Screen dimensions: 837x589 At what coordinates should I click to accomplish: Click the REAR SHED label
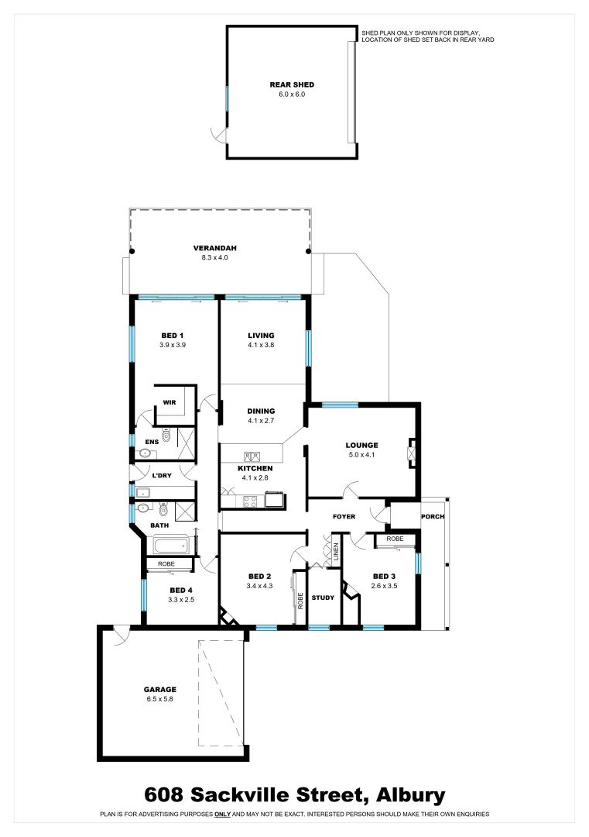pyautogui.click(x=292, y=84)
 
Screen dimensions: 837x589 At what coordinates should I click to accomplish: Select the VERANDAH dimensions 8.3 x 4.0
pyautogui.click(x=214, y=257)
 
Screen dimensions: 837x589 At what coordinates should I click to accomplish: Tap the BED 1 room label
pyautogui.click(x=172, y=336)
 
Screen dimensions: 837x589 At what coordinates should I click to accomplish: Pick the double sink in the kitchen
pyautogui.click(x=252, y=457)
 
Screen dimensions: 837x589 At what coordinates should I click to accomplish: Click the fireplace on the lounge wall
pyautogui.click(x=413, y=451)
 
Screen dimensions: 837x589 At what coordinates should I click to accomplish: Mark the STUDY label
pyautogui.click(x=323, y=598)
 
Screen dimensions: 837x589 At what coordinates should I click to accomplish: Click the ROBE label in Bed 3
pyautogui.click(x=395, y=538)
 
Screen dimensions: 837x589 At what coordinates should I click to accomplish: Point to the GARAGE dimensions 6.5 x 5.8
pyautogui.click(x=160, y=698)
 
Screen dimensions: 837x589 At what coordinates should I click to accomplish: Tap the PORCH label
pyautogui.click(x=431, y=517)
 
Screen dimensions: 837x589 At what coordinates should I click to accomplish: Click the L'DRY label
pyautogui.click(x=161, y=475)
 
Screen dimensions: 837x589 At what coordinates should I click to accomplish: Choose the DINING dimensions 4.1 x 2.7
pyautogui.click(x=261, y=421)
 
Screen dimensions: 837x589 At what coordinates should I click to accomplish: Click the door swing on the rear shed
pyautogui.click(x=220, y=136)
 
